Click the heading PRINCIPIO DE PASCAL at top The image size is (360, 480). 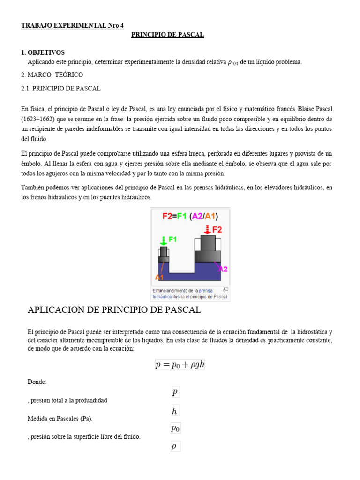[x=167, y=35]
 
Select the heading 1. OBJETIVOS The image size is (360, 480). [x=43, y=52]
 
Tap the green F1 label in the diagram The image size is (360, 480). [x=172, y=239]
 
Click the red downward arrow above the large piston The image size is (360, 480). [x=207, y=229]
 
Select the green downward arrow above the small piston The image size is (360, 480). [x=163, y=240]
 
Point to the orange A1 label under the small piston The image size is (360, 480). [x=160, y=277]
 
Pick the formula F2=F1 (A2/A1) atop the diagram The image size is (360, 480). [x=190, y=216]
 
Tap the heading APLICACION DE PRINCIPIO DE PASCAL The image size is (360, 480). [x=114, y=310]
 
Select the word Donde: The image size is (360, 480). [x=37, y=382]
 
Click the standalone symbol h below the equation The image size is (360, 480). [x=174, y=412]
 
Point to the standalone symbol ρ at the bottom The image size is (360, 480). [x=174, y=447]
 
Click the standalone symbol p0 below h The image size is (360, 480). [x=175, y=428]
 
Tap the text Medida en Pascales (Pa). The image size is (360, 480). [x=63, y=418]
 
